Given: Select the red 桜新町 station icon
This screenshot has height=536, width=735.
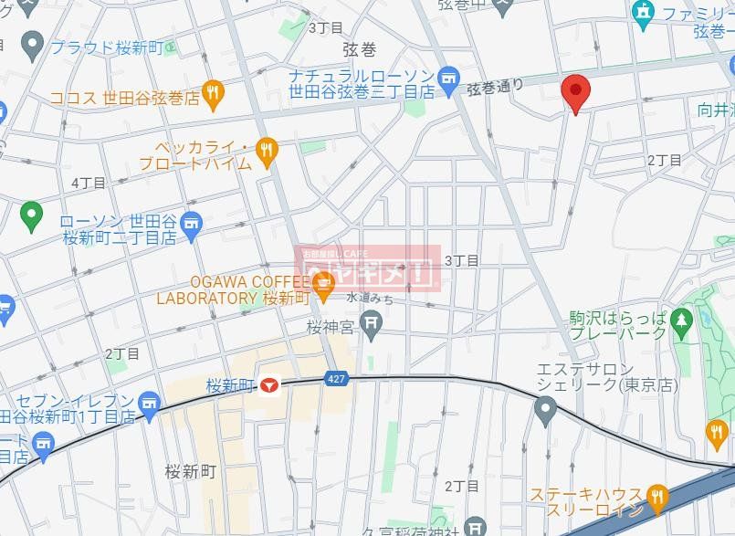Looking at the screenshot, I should pos(268,387).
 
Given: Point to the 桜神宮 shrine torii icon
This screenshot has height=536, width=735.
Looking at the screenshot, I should pos(371,322).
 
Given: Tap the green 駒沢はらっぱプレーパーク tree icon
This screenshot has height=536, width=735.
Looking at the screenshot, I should pos(680,321).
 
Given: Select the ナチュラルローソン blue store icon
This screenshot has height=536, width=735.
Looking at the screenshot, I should pos(447,79).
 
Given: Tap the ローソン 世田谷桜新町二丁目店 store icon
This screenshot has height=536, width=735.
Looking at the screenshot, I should pos(191,224).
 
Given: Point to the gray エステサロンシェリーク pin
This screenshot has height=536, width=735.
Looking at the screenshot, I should pos(545,413).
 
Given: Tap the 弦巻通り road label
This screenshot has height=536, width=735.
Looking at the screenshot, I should pos(496,87).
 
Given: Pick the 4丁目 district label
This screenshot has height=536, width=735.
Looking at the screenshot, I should pos(89,183).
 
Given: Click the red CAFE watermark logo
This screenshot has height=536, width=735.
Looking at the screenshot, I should pos(371,267).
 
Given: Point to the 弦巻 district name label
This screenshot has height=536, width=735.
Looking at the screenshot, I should pos(359,49).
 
